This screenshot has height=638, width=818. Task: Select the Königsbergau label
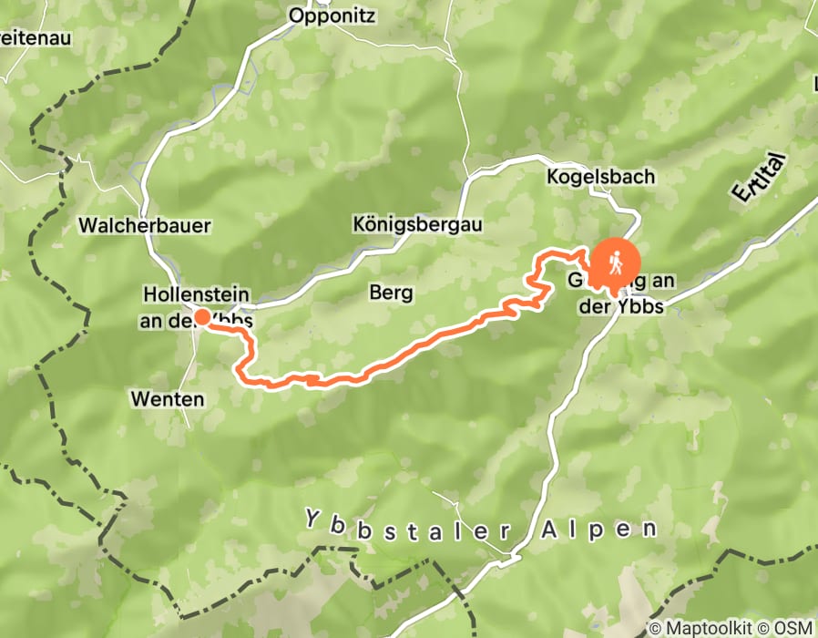417,223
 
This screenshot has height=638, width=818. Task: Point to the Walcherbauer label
145,224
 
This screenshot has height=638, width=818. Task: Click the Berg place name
391,293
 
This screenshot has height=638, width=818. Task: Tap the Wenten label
167,399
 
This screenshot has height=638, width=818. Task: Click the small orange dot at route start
201,316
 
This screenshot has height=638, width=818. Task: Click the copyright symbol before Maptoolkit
655,628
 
